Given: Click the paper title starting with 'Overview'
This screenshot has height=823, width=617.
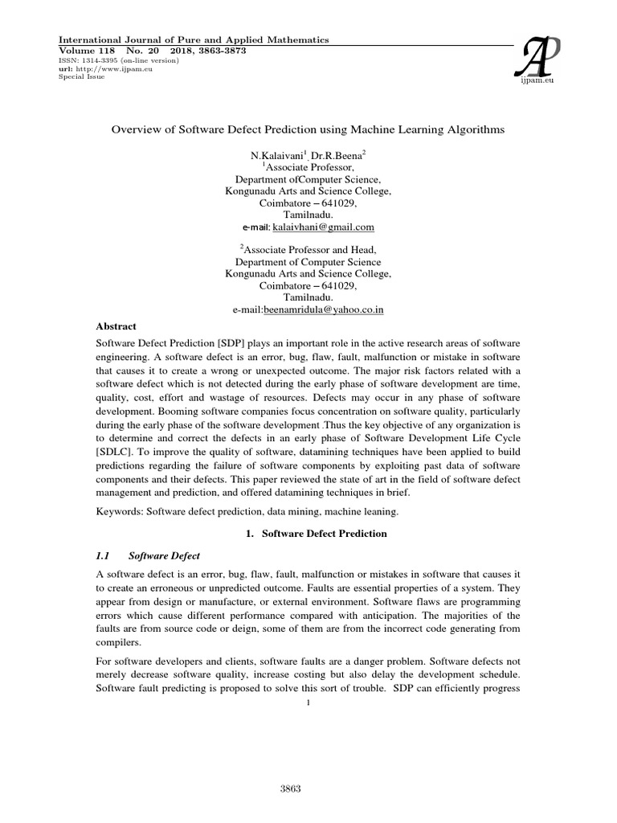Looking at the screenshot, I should [308, 129].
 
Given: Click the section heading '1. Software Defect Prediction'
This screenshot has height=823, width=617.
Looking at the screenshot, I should [308, 534].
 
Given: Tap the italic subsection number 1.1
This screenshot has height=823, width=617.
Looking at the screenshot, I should [104, 556].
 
